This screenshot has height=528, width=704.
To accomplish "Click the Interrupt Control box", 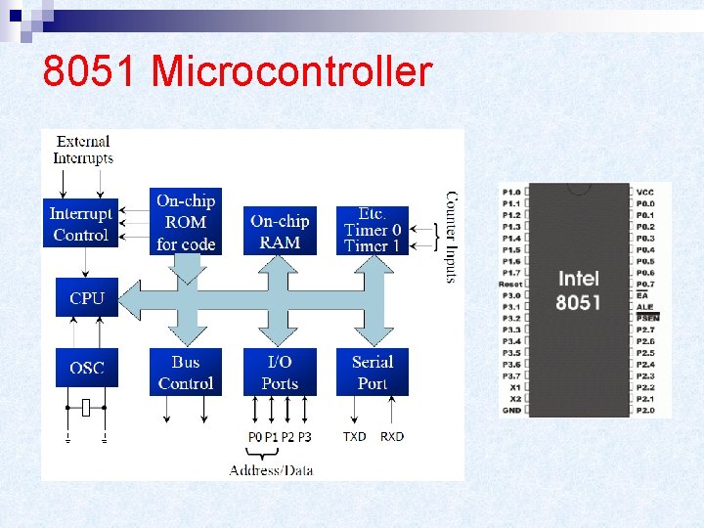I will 81,224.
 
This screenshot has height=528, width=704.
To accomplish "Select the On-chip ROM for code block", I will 186,222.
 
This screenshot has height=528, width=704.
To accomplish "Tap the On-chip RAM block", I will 280,231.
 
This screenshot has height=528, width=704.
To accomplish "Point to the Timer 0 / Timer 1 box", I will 372,230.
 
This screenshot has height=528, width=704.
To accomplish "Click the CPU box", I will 86,298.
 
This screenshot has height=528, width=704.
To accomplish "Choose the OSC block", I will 86,368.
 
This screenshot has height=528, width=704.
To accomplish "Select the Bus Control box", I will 186,373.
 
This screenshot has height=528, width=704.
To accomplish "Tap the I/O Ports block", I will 280,373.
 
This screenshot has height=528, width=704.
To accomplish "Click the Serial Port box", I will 372,373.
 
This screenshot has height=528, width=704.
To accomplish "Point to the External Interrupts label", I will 82,150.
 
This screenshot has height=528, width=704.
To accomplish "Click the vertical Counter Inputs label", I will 451,237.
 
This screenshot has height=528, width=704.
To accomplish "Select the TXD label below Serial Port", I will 354,436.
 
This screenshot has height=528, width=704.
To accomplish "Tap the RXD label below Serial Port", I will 392,436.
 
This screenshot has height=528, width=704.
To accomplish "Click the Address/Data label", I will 271,470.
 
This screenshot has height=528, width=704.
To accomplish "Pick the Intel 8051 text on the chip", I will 578,290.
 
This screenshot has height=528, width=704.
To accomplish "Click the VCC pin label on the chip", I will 645,192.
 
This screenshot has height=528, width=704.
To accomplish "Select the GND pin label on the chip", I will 511,411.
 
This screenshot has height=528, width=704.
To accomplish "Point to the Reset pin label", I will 509,284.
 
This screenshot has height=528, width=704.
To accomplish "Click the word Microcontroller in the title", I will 292,71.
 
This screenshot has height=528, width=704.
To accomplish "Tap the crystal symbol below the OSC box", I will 86,408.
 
